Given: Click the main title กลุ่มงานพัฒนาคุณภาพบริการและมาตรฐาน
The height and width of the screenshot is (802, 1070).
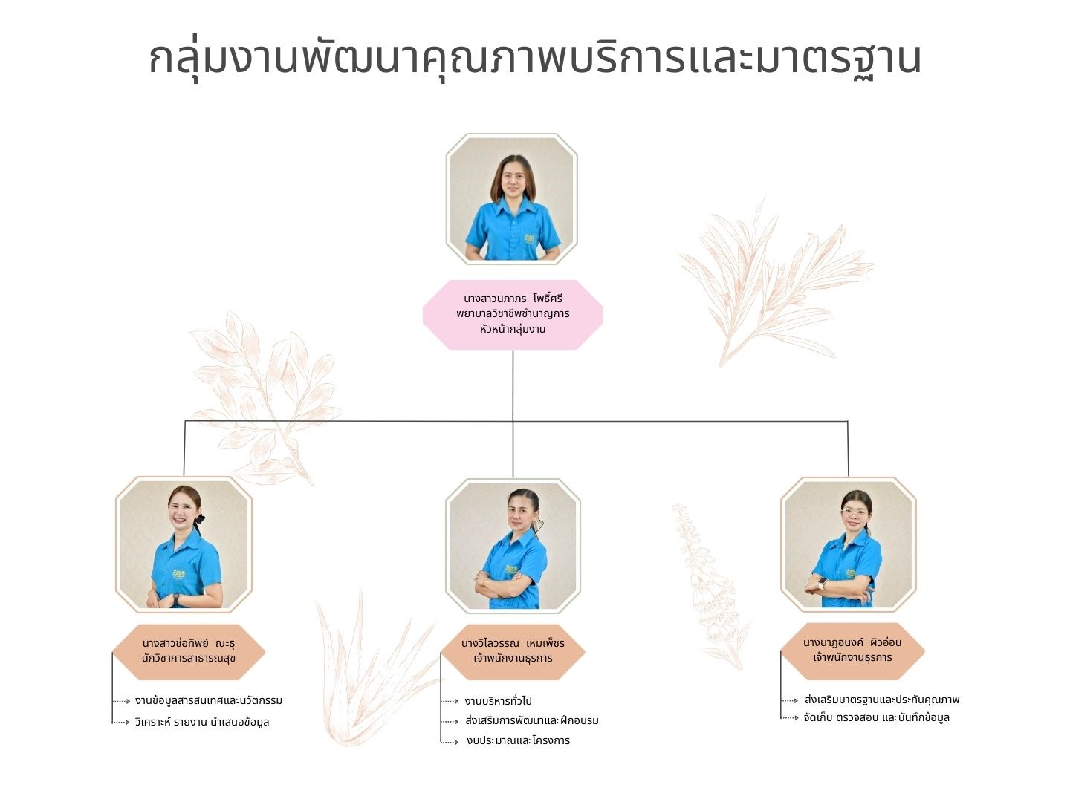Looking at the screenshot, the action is coord(535,59).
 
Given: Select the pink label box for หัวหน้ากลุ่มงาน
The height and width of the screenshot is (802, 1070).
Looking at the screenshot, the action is coord(513,315).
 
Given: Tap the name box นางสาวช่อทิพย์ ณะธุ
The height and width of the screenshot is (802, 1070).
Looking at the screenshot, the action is coord(189,651).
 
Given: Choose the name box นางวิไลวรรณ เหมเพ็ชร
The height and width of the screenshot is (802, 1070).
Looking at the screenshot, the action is coord(513,651).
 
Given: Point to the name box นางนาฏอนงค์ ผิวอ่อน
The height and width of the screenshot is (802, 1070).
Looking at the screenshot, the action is coord(852,651).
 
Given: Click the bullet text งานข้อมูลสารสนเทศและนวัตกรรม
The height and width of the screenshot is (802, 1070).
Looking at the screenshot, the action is coord(209,701).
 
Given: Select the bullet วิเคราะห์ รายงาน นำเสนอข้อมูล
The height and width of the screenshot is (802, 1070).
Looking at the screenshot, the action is coord(202,722).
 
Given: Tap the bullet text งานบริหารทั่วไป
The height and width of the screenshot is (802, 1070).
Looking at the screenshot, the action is coord(498,701).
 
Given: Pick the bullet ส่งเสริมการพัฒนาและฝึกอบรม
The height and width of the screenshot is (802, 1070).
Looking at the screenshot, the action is coord(532,720).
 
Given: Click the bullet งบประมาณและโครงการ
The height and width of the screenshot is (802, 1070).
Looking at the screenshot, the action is coord(518,740).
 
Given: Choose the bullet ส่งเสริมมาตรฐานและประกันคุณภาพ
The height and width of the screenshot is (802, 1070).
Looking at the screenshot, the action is coord(882,700).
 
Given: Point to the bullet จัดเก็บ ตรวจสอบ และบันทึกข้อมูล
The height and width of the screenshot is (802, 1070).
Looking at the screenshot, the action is coord(877,718).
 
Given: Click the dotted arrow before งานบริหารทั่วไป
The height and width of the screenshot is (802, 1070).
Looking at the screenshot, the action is coord(450,702).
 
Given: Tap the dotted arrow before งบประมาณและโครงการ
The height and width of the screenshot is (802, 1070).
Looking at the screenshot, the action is coord(450,742).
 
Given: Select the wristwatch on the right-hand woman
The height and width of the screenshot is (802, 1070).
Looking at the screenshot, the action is coord(823,583).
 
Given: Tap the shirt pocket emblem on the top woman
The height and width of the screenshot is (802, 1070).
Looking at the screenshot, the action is coord(529,239).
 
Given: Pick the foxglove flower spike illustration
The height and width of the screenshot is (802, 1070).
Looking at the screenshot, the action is coord(710,587).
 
